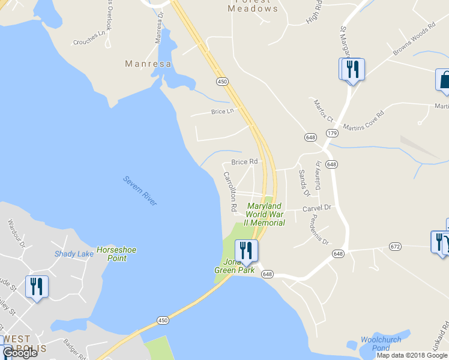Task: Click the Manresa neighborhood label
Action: coord(148,63)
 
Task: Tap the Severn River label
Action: coord(140,191)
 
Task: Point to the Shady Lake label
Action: coord(74,254)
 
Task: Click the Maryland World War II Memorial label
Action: coord(264,214)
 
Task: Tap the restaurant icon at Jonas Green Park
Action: coord(246,250)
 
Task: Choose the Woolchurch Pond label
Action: coord(376,344)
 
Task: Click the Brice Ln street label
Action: coord(221,112)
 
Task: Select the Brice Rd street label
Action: coord(244,162)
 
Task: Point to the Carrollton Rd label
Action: coord(229,191)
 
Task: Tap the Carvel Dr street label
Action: coord(317,208)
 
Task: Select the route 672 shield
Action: coord(394,247)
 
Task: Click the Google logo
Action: coord(20,353)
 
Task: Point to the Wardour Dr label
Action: coord(16,233)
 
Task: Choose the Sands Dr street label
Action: coord(304,182)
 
